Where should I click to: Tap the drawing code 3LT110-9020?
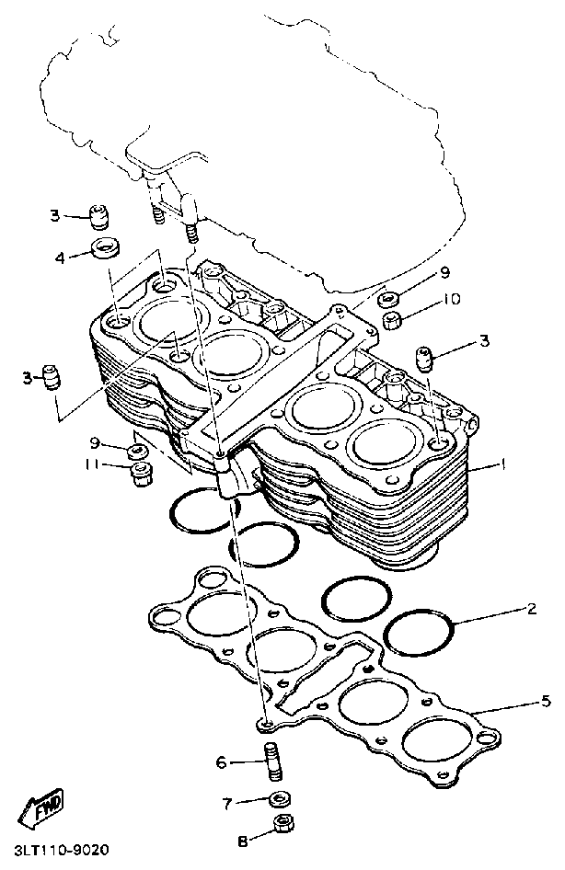click(54, 850)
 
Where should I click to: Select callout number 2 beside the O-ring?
click(531, 609)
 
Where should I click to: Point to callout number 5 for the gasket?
click(546, 702)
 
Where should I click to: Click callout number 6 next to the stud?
click(222, 762)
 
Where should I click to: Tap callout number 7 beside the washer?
click(226, 803)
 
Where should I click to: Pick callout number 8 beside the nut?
click(242, 841)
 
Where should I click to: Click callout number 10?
click(451, 299)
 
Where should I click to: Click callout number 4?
click(60, 258)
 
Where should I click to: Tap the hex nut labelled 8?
click(283, 823)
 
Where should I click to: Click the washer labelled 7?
click(281, 799)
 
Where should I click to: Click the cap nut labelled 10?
click(393, 321)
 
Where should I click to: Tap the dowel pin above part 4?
click(98, 217)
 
